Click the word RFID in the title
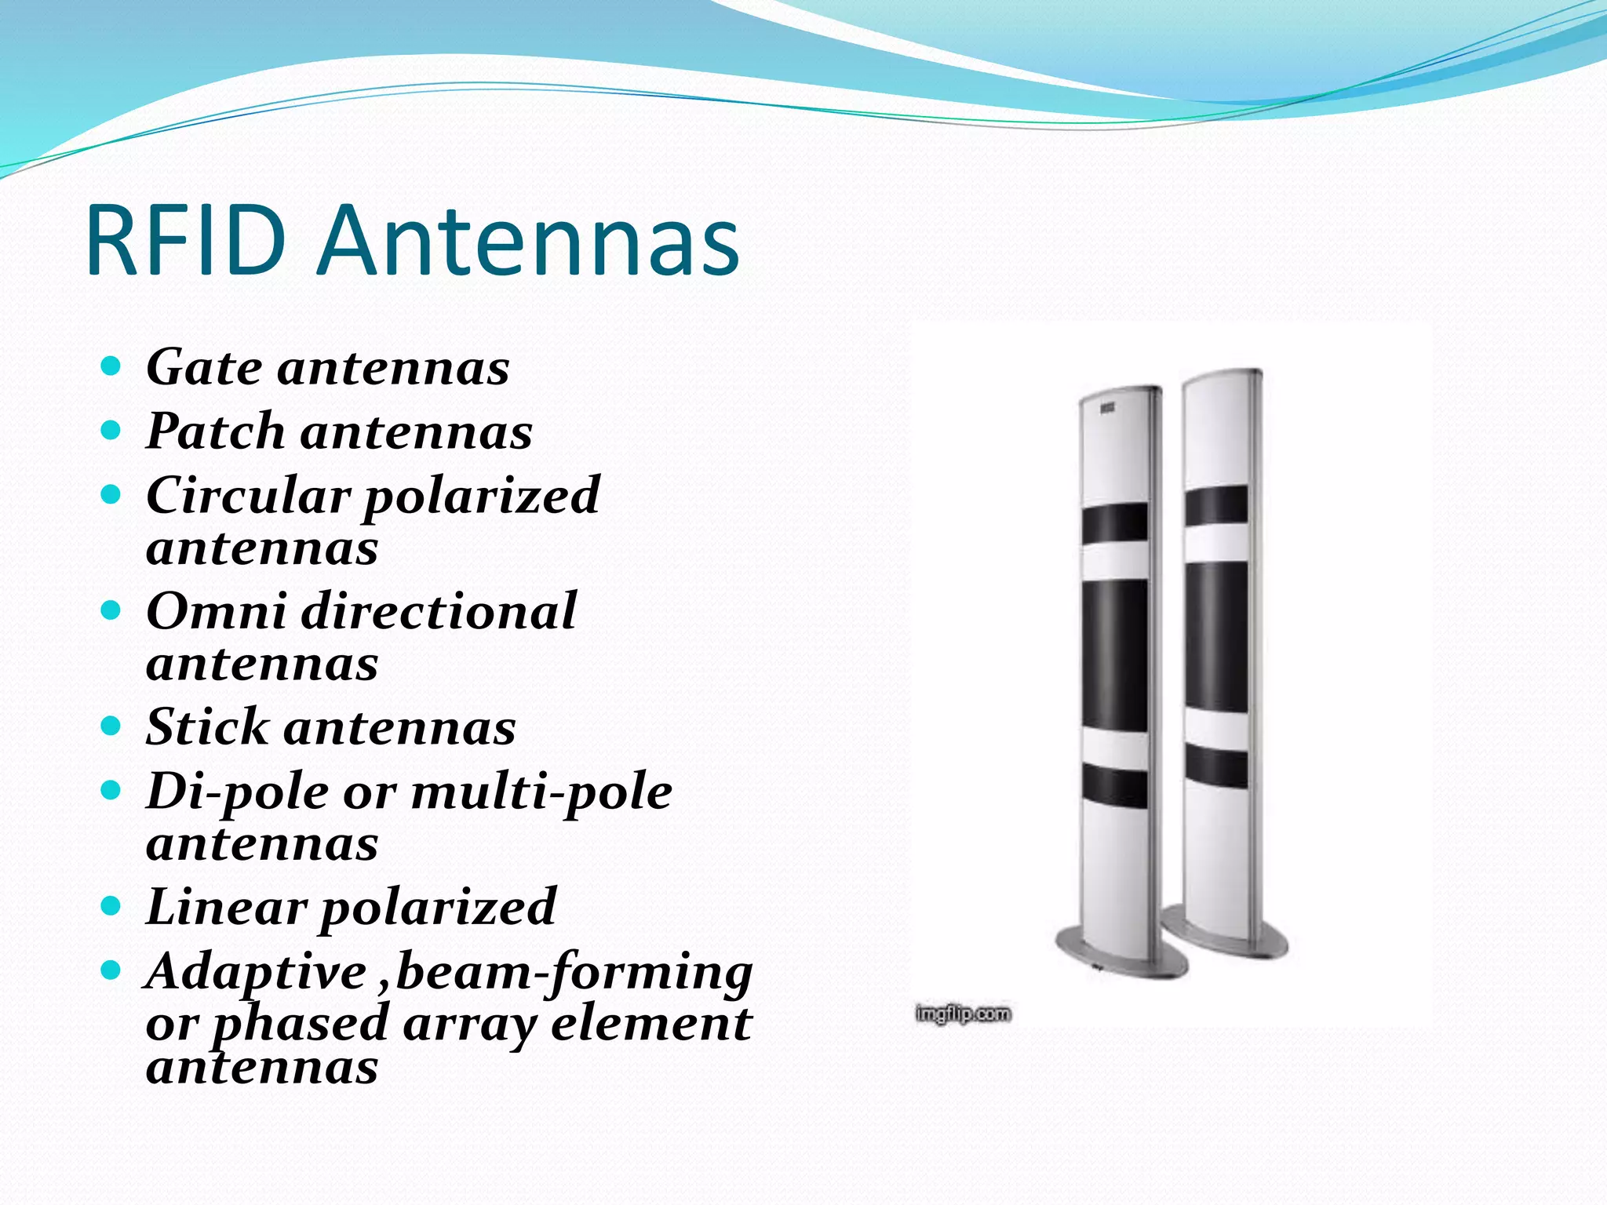click(x=186, y=240)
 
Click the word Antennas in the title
click(x=529, y=240)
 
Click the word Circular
click(x=247, y=496)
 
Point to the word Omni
click(x=216, y=611)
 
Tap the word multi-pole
click(x=541, y=792)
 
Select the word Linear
click(x=226, y=907)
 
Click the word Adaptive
click(x=256, y=972)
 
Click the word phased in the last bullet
click(x=301, y=1025)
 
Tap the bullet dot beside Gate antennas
click(x=111, y=366)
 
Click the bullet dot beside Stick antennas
click(x=111, y=726)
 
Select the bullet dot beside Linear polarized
click(x=111, y=906)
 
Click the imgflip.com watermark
click(x=963, y=1014)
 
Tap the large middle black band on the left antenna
click(x=1114, y=653)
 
